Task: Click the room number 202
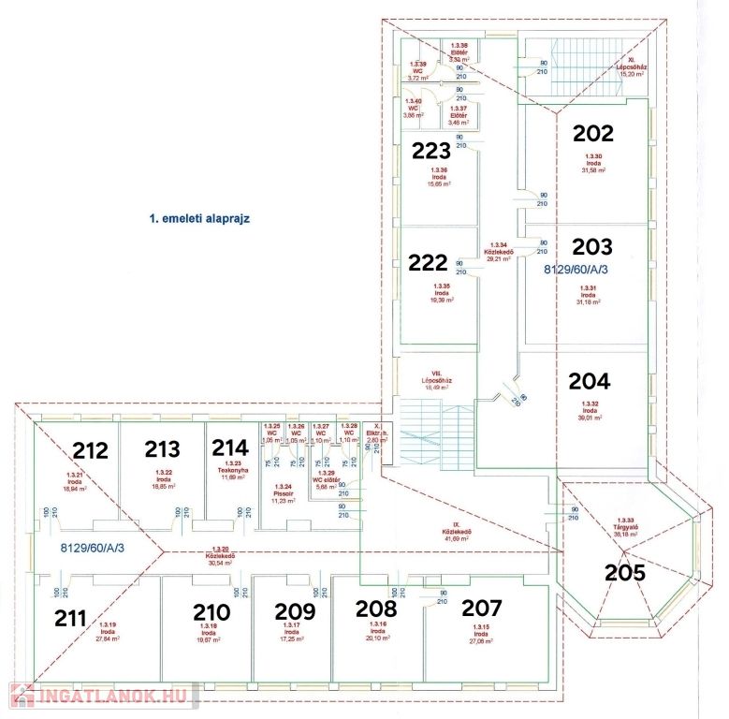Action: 593,134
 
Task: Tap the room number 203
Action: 592,247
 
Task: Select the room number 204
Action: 590,382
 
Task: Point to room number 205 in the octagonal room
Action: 624,572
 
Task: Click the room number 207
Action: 482,608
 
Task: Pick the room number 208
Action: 376,609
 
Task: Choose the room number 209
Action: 295,611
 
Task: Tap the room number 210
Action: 211,612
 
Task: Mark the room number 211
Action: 70,618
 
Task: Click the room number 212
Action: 92,451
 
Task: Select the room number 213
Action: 162,449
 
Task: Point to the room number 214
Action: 229,448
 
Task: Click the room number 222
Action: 429,263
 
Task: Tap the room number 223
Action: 431,151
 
